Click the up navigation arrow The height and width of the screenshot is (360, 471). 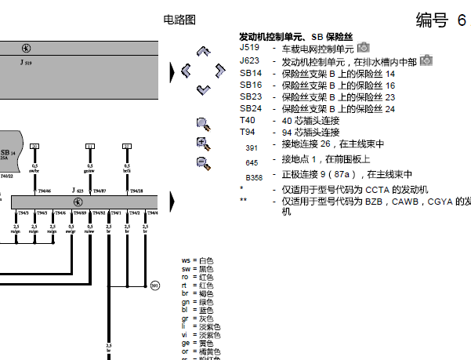203,53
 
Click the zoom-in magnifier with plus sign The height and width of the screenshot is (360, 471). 203,143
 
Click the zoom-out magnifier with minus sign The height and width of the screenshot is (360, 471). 203,162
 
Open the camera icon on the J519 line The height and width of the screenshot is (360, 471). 362,49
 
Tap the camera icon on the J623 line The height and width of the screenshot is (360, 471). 426,60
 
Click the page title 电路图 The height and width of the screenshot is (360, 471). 179,19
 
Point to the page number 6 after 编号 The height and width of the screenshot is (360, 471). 461,20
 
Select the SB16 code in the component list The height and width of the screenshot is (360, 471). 251,85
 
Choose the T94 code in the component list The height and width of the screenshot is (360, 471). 247,132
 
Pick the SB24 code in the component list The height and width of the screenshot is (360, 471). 251,108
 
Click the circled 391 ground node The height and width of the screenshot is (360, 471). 155,285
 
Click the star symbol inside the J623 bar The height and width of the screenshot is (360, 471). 78,202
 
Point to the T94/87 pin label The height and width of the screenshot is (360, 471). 100,191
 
